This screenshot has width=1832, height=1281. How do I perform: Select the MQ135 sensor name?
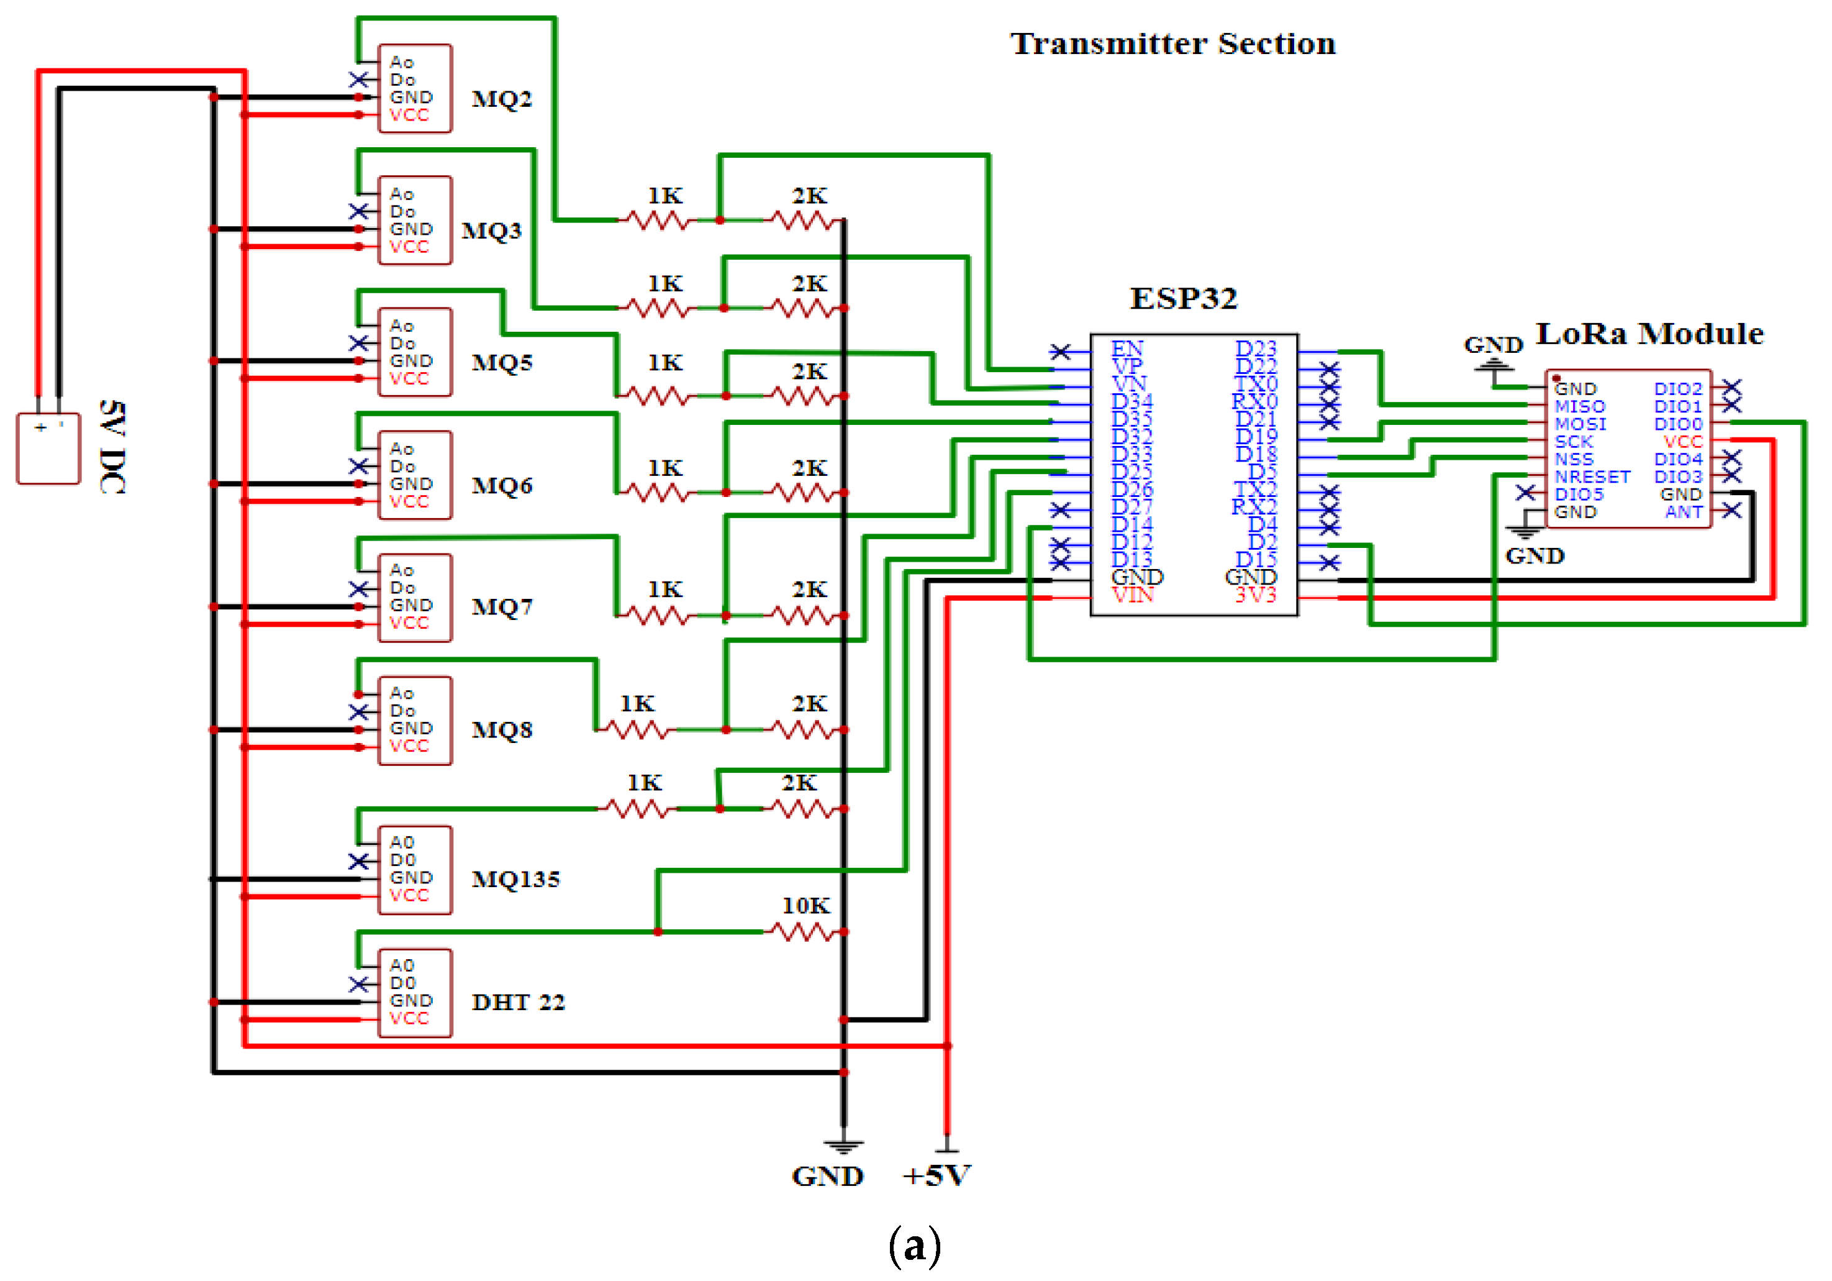[515, 878]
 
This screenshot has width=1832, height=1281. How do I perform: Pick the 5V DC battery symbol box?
[48, 449]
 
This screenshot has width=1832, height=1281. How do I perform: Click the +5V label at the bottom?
[936, 1175]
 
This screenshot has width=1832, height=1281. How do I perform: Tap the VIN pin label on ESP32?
[1132, 595]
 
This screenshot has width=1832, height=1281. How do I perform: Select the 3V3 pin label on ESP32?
[1255, 595]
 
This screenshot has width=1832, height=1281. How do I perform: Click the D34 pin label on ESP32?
[1131, 401]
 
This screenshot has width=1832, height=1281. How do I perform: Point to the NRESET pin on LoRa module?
[1592, 476]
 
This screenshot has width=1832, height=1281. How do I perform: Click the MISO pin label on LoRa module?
[1579, 406]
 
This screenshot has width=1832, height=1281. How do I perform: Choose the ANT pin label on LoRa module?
[1684, 512]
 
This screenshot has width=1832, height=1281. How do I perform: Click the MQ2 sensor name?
[501, 99]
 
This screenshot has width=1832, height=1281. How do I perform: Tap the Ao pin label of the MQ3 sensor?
[401, 194]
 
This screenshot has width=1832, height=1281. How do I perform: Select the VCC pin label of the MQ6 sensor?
[409, 501]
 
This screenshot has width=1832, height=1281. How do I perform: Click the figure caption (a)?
[914, 1246]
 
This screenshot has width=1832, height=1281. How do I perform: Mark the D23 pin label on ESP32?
[1255, 349]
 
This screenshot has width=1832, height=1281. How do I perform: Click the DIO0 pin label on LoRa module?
[1677, 424]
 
